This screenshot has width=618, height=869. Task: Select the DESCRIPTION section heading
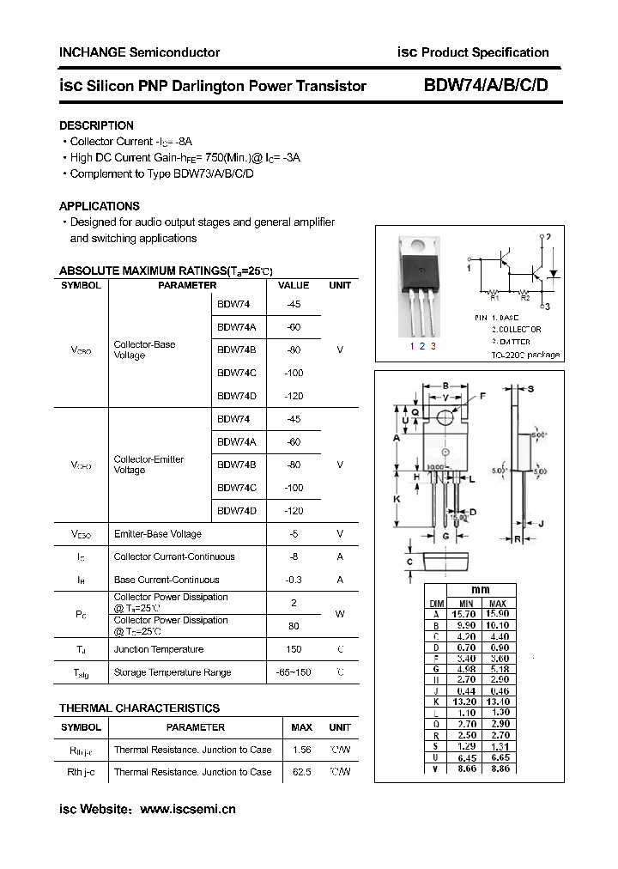point(96,125)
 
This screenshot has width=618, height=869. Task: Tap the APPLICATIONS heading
point(99,206)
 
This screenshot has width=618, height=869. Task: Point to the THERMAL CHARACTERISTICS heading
point(139,708)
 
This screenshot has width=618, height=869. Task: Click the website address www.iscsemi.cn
point(187,809)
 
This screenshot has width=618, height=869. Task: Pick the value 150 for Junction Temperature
point(294,650)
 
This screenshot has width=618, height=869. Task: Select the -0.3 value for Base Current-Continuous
point(294,580)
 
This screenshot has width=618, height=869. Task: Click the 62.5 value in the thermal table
point(301,772)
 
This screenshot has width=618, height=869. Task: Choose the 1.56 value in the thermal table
point(301,750)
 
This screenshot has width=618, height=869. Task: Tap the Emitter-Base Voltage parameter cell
point(157,534)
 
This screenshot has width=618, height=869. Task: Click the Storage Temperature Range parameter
point(172,672)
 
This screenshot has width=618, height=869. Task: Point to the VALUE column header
point(294,285)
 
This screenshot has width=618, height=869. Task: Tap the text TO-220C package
point(525,355)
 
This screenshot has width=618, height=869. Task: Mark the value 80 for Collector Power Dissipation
point(294,626)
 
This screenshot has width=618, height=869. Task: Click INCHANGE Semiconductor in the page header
point(139,52)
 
